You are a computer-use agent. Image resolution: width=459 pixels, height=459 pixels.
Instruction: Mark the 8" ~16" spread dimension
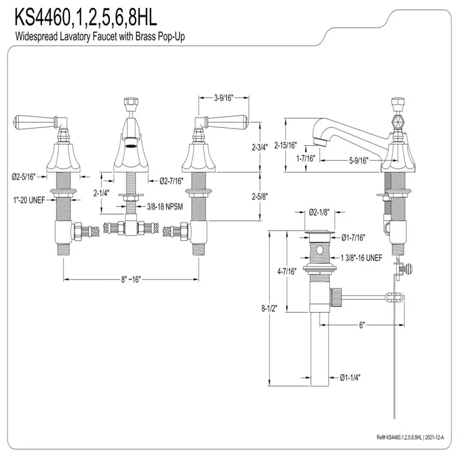pyautogui.click(x=131, y=279)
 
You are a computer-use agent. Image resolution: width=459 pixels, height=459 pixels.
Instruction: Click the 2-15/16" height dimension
pyautogui.click(x=287, y=145)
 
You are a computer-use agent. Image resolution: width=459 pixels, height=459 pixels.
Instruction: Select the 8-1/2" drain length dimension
pyautogui.click(x=267, y=308)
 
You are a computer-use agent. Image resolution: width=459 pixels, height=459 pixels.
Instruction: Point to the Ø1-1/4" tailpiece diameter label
pyautogui.click(x=351, y=377)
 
